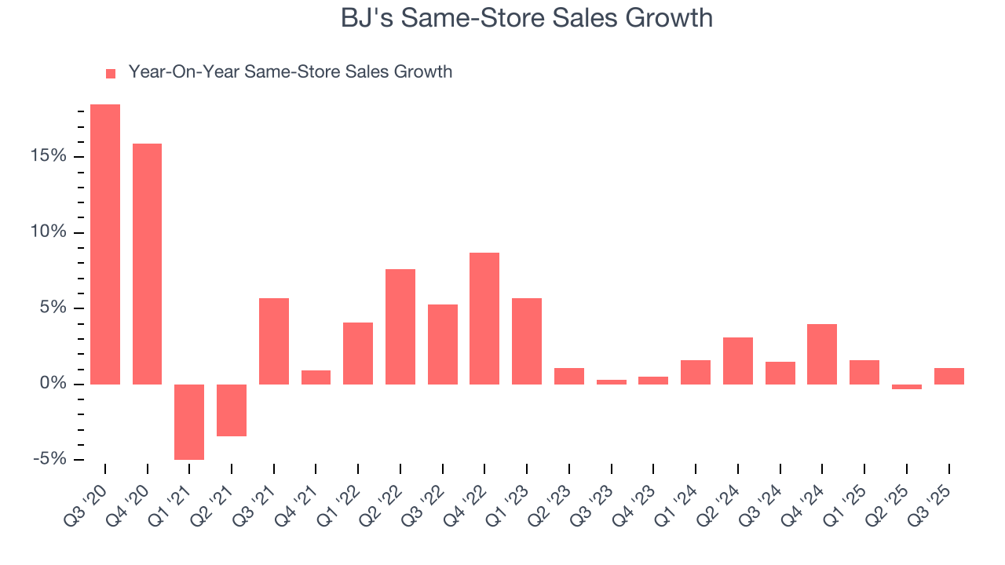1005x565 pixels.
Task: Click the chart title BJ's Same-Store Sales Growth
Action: coord(526,18)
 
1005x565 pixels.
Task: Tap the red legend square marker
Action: coord(111,73)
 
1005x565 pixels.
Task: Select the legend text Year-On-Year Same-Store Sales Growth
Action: coord(290,72)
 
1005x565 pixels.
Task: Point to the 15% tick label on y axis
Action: coord(49,157)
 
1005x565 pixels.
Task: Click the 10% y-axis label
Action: coord(49,233)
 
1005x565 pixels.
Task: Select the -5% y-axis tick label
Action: coord(48,459)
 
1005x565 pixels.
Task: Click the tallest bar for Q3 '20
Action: coord(105,244)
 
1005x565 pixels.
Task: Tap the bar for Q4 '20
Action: coord(147,264)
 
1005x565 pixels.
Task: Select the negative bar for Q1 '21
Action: coord(189,421)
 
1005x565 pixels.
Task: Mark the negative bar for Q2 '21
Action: coord(232,410)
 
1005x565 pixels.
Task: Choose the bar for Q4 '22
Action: coord(484,318)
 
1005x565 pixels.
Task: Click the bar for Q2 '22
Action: coord(400,326)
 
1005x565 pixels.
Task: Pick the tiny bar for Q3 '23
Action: coord(611,382)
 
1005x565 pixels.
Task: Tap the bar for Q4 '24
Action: coord(821,354)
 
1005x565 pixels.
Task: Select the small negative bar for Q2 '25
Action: coord(906,387)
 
